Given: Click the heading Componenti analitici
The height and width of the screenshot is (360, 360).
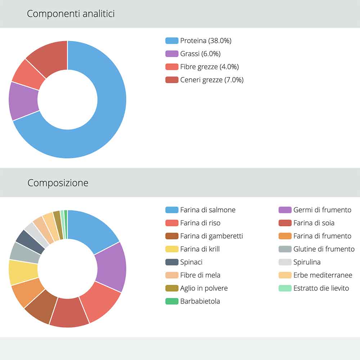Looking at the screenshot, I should pyautogui.click(x=71, y=14).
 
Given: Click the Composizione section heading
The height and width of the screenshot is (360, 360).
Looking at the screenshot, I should pyautogui.click(x=58, y=183).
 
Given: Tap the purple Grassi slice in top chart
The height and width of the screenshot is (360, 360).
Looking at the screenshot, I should pyautogui.click(x=23, y=101).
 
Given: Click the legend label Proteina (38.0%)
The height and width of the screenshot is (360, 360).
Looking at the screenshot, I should pyautogui.click(x=206, y=41).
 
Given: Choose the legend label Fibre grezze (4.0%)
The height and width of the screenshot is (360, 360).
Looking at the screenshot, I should pyautogui.click(x=209, y=67).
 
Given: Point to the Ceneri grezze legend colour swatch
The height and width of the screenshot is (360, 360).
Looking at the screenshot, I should pyautogui.click(x=172, y=80).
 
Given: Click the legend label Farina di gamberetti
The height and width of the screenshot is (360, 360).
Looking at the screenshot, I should pyautogui.click(x=211, y=236).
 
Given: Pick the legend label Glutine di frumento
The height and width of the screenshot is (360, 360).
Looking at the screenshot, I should pyautogui.click(x=324, y=249).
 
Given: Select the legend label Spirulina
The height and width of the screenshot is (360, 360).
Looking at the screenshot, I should pyautogui.click(x=307, y=262).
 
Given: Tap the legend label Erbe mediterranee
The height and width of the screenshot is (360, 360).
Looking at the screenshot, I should pyautogui.click(x=323, y=275).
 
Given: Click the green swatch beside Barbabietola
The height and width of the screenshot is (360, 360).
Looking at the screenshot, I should pyautogui.click(x=172, y=301).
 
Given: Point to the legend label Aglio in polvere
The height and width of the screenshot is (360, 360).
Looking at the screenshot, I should pyautogui.click(x=204, y=288).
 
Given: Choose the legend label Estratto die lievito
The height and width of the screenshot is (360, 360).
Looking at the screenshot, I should pyautogui.click(x=321, y=288).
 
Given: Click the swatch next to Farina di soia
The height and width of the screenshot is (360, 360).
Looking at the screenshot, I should pyautogui.click(x=285, y=223).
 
